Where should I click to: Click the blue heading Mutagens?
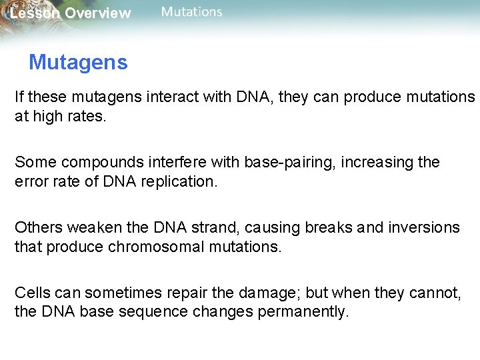78,63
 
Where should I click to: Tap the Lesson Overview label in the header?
71,13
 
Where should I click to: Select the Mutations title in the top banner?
191,12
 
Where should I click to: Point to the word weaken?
91,227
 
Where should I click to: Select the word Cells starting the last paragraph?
33,293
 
